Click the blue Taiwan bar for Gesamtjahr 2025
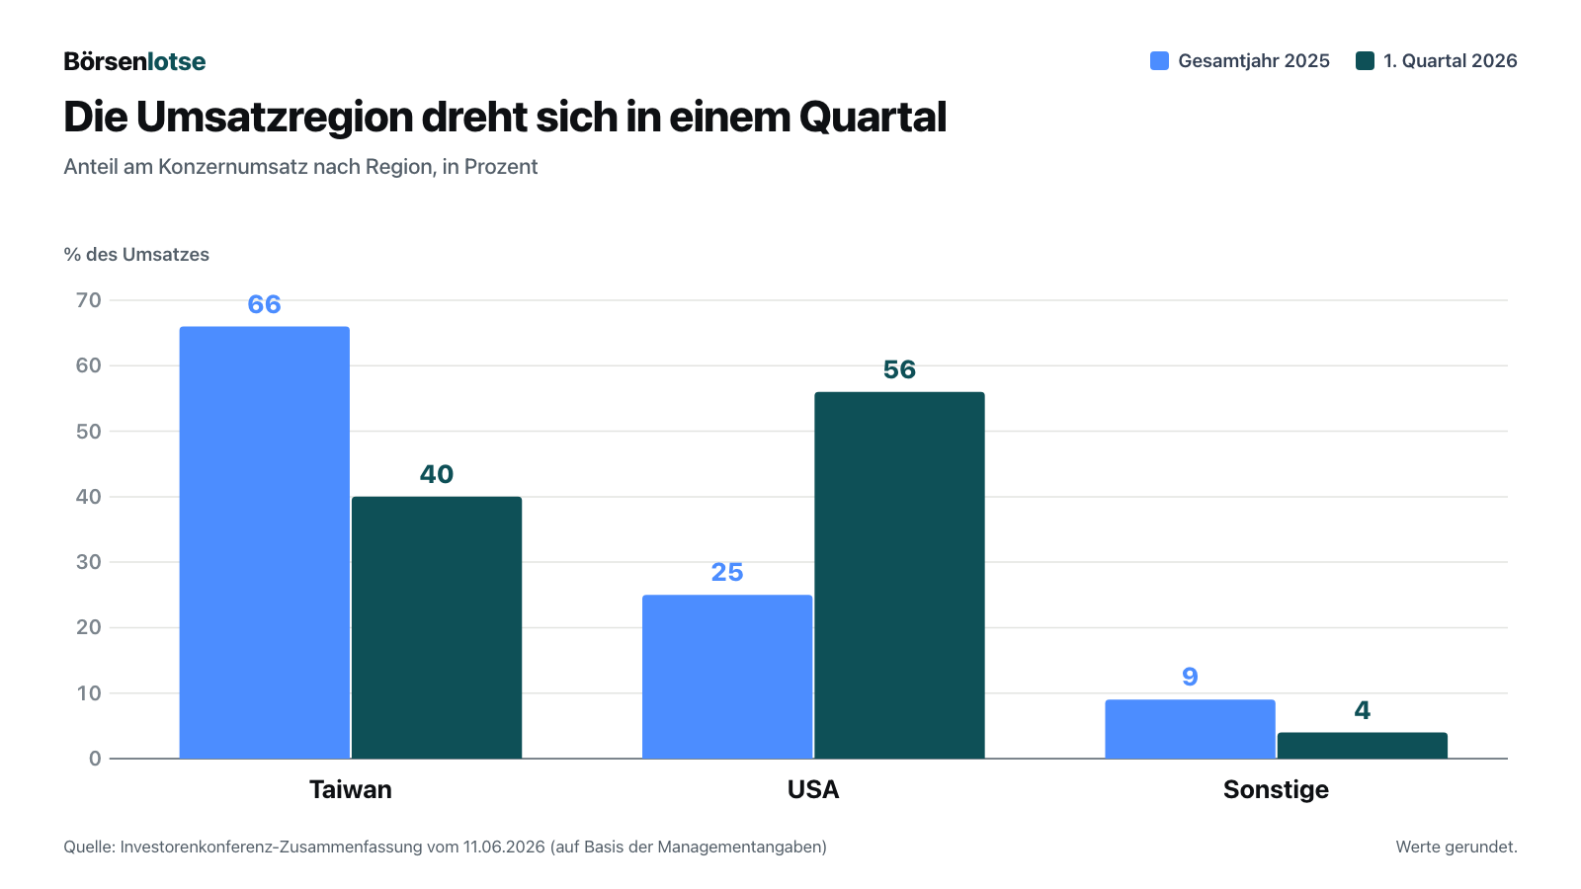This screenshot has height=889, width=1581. tap(265, 542)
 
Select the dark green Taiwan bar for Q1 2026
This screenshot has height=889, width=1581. tap(437, 627)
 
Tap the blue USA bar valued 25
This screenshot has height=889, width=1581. tap(727, 677)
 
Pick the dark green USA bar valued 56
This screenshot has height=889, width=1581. tap(899, 575)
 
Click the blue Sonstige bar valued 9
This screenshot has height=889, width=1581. tap(1190, 729)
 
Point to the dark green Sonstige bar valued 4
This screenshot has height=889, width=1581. tap(1363, 745)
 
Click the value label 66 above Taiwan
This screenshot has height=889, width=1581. tap(265, 304)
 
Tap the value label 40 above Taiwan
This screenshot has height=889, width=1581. tap(437, 474)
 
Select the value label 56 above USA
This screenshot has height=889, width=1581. tap(899, 369)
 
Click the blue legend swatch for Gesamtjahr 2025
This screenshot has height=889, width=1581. tap(1159, 60)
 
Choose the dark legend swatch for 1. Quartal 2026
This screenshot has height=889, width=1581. tap(1365, 60)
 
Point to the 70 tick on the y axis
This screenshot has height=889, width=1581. tap(89, 300)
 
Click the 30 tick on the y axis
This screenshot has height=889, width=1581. tap(89, 562)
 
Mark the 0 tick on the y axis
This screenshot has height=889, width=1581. tap(95, 759)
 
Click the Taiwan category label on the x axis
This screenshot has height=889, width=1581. tap(351, 789)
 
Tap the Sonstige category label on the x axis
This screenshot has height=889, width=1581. tap(1276, 789)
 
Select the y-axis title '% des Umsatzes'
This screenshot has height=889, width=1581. tap(136, 255)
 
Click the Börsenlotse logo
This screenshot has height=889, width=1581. tap(134, 61)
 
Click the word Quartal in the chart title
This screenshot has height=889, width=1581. tap(873, 118)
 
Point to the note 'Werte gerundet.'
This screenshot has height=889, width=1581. tap(1456, 847)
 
